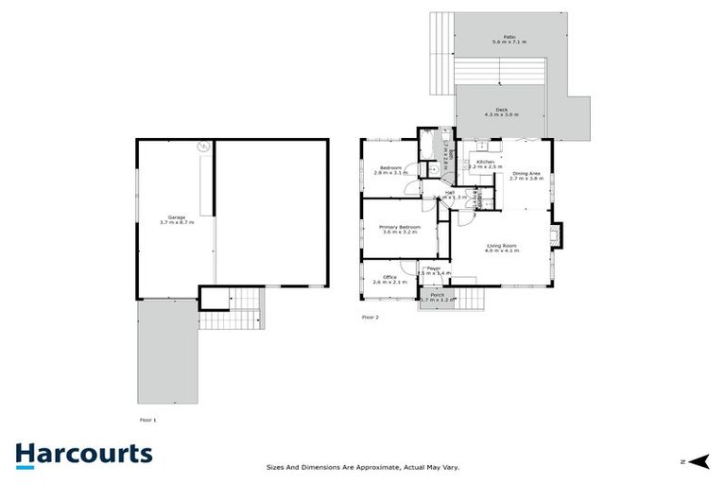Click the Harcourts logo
coord(83,454)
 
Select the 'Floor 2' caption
coord(370,318)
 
